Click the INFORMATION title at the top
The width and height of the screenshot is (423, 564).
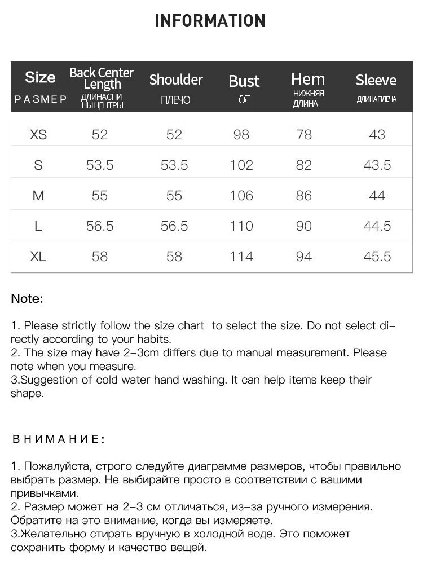[210, 21]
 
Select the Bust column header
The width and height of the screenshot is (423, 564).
[244, 81]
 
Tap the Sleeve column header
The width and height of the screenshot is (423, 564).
[376, 80]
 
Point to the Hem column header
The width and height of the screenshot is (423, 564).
[308, 79]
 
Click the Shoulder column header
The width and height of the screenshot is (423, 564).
[175, 80]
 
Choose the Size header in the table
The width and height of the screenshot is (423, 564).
[40, 77]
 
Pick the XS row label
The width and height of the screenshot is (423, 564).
[38, 134]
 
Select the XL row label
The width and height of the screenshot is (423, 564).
[38, 256]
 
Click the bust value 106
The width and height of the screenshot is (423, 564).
[241, 195]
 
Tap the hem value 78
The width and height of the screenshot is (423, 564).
[304, 134]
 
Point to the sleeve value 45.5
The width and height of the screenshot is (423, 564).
[377, 256]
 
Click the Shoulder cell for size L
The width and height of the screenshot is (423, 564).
[174, 226]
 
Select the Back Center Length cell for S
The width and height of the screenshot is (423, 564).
[100, 165]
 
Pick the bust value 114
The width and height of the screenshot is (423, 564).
[241, 256]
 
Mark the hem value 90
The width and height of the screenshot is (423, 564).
[304, 226]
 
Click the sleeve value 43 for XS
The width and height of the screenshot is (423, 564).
[377, 134]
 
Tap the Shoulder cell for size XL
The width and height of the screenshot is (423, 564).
[174, 256]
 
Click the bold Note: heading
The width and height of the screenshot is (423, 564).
[27, 298]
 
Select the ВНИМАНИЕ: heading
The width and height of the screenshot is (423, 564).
[58, 439]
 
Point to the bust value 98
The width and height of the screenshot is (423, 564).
[241, 134]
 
